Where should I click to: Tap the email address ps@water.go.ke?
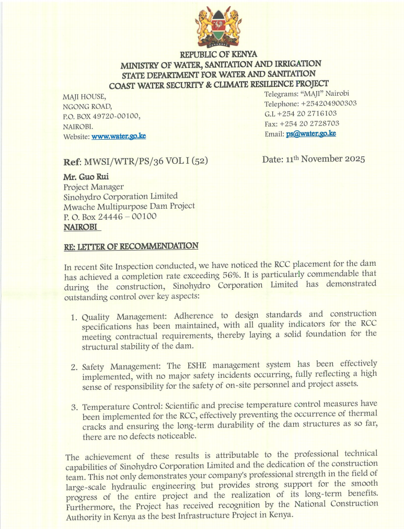(311, 133)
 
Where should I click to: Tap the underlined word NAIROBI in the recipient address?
(81, 227)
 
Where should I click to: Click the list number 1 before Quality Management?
(74, 318)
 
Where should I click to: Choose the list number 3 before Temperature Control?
(74, 407)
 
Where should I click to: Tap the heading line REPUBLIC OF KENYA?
(218, 54)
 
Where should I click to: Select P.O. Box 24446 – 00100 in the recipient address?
(110, 217)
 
